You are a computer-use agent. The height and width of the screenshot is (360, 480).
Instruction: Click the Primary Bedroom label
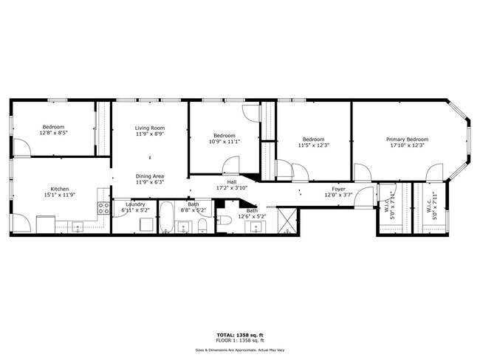[407, 139]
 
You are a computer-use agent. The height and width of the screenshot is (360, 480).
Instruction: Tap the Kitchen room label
[60, 189]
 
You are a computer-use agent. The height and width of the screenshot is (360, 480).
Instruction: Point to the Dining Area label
[149, 176]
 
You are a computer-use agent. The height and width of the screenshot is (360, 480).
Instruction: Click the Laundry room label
[135, 204]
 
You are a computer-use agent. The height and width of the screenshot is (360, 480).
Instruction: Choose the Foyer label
[338, 189]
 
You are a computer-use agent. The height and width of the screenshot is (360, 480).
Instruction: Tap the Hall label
[231, 181]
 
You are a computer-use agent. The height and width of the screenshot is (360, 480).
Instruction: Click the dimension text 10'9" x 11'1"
[224, 142]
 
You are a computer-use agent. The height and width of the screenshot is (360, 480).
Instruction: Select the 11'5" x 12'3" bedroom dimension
[313, 145]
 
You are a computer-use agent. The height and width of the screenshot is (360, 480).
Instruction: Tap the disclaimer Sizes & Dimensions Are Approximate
[239, 350]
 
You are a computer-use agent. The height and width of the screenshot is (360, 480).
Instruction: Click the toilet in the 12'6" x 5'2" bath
[228, 220]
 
